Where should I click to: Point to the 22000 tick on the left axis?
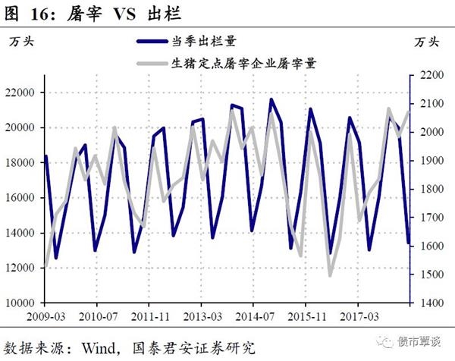[27, 93]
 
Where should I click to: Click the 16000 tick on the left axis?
[27, 198]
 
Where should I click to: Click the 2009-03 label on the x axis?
[46, 314]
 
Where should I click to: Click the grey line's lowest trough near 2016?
[330, 275]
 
